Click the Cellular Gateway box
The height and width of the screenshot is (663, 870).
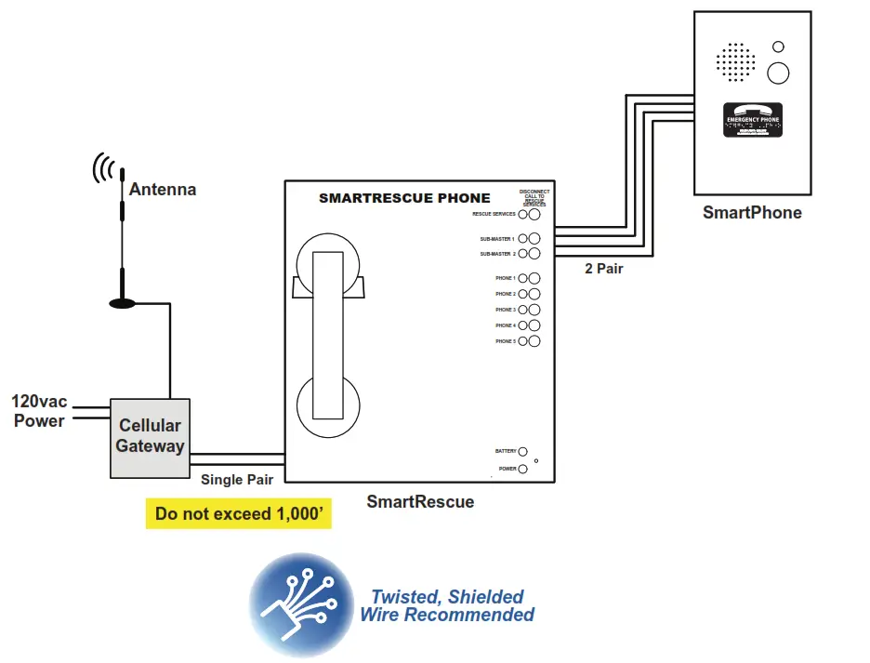[150, 438]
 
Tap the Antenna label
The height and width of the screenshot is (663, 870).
[163, 190]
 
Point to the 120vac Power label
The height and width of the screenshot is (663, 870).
[38, 411]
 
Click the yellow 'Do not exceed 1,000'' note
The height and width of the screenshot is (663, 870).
[238, 514]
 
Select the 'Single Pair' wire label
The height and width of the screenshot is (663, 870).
[237, 480]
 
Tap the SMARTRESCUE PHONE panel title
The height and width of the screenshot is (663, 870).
[404, 197]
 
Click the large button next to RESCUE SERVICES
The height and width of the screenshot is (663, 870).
[534, 214]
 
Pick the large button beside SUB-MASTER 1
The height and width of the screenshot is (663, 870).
[534, 239]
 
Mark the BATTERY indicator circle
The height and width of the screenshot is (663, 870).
[522, 451]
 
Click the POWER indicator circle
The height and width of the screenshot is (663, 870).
[522, 469]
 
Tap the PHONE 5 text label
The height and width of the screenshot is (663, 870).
[505, 341]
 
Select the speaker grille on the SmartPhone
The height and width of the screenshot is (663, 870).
[735, 60]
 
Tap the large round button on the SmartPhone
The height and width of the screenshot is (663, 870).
[778, 72]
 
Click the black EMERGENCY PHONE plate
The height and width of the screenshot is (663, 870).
[753, 122]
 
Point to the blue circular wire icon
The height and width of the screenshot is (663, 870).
[302, 604]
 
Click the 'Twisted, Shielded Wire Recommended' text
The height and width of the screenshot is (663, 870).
[447, 605]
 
